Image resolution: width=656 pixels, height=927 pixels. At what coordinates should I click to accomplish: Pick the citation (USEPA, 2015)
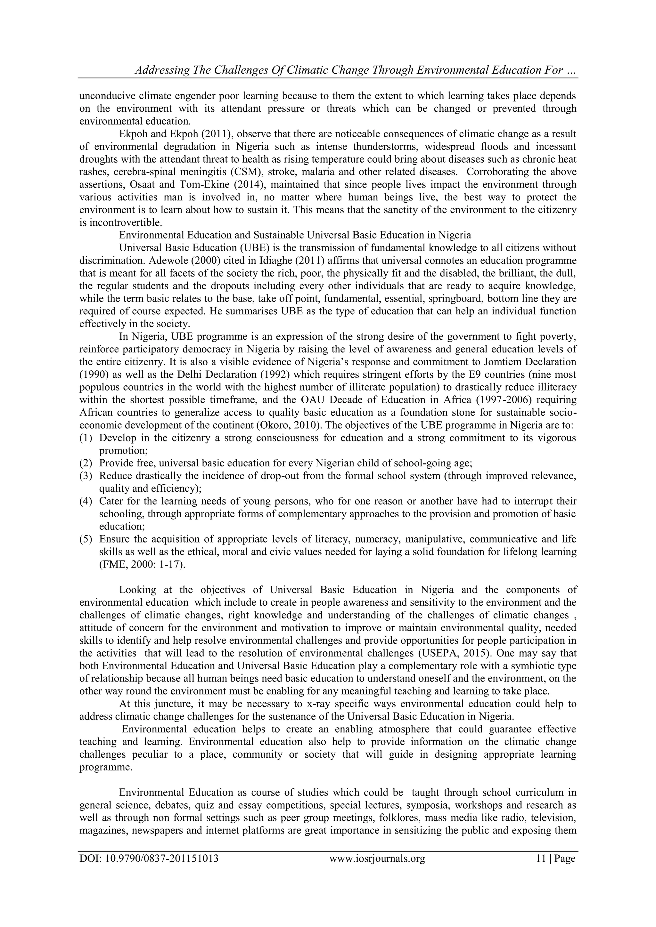(442, 653)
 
